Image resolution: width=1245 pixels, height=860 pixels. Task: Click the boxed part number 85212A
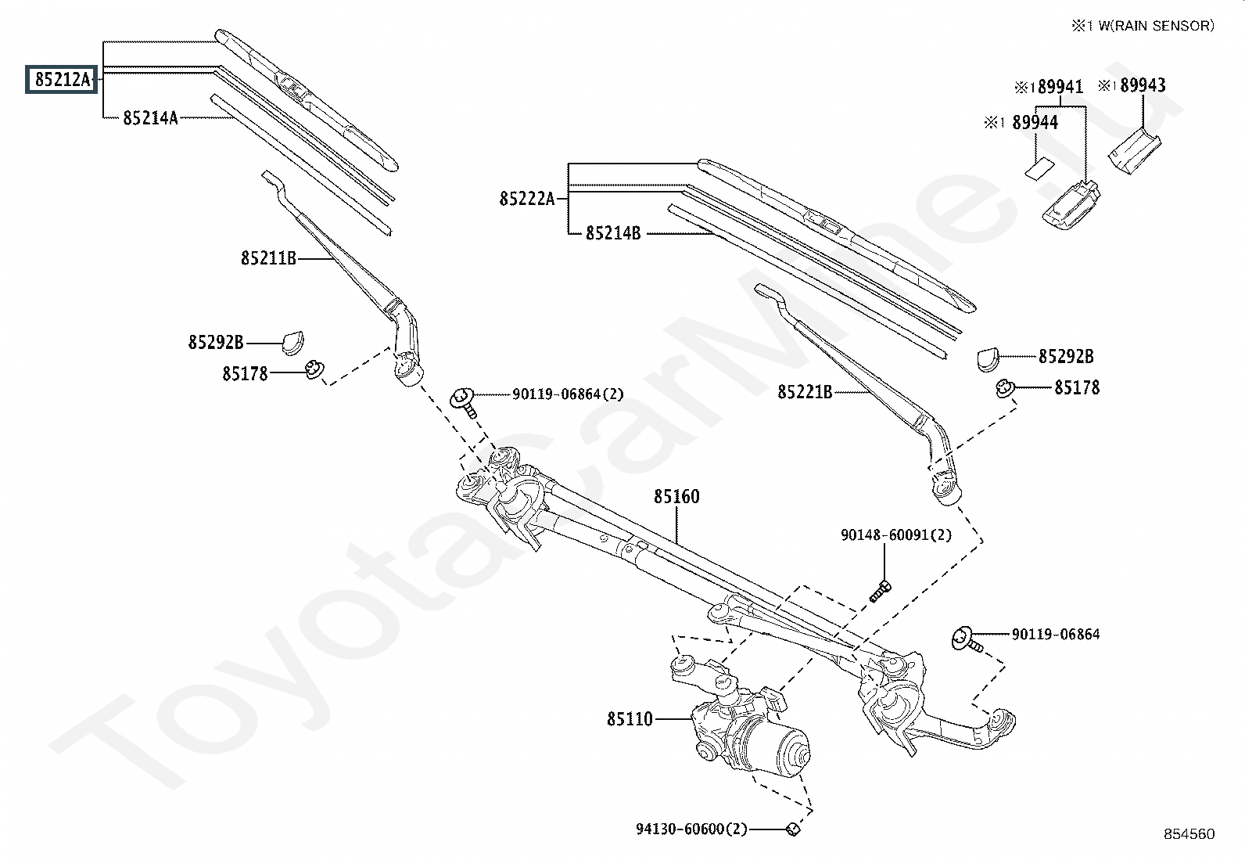(62, 80)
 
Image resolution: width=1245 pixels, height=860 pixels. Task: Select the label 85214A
(150, 118)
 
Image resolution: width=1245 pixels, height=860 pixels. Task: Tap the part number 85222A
(527, 199)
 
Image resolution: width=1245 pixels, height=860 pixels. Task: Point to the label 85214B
(613, 233)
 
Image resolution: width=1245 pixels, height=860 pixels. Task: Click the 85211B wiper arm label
(268, 258)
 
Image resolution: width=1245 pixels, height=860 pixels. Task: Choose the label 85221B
(805, 392)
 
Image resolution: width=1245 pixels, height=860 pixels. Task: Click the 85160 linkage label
(676, 496)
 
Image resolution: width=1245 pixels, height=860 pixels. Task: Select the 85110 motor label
(630, 719)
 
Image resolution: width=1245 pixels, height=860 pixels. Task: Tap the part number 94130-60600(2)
(691, 829)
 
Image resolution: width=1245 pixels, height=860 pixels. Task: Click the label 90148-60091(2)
(896, 535)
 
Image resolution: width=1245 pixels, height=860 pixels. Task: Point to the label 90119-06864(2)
(568, 394)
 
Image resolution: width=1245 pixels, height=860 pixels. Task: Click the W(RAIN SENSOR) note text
(1156, 26)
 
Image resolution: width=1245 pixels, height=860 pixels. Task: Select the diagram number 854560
(1189, 834)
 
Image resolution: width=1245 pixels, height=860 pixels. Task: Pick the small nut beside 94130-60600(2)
(792, 829)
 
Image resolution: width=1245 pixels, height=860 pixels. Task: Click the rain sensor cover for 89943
(1134, 150)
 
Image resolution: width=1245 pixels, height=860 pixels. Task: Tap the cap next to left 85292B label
(292, 343)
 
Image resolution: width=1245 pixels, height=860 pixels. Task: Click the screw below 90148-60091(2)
(880, 591)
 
